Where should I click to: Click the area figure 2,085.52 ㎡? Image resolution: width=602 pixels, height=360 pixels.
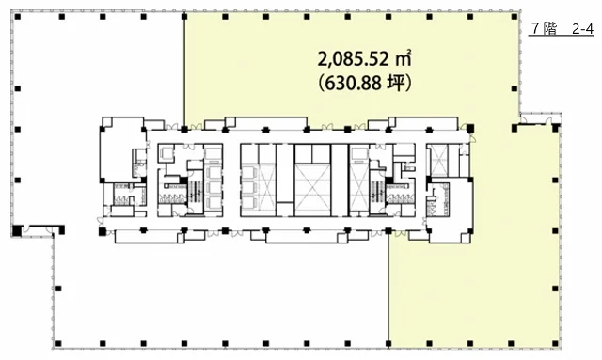coord(364,58)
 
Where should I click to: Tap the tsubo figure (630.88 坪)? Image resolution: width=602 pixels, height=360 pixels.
coord(365,83)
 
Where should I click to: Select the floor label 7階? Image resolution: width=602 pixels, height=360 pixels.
coord(545,29)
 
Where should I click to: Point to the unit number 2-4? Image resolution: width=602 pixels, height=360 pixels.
coord(582,29)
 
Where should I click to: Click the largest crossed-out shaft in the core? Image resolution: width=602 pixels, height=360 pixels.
coord(312,190)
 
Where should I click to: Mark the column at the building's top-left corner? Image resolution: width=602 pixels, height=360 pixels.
coord(18,17)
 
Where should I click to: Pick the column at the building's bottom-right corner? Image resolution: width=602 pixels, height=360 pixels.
coord(555,343)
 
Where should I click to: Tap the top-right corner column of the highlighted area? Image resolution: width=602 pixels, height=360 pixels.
coord(515,17)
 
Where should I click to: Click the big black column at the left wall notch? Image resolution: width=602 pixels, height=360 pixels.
coord(17,230)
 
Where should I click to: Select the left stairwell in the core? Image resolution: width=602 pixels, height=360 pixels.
coord(196,191)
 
